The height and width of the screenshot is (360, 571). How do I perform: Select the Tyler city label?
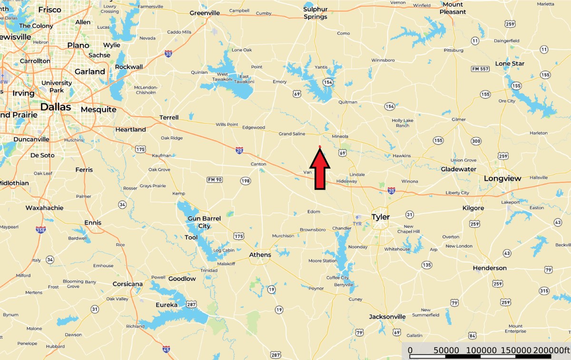tap(380, 217)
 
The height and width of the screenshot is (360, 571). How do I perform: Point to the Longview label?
tap(502, 179)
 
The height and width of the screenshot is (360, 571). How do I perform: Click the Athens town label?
tap(260, 255)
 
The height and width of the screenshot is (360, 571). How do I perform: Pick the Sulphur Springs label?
tap(315, 12)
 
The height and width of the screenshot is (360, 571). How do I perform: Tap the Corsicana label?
tap(128, 284)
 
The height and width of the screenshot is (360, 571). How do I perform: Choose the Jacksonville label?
tap(387, 317)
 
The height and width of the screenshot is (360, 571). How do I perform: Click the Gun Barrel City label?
tap(204, 222)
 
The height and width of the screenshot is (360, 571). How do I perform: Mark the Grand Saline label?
tap(292, 134)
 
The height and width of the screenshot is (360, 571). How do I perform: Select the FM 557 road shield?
tap(481, 69)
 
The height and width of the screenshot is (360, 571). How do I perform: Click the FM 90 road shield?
tap(215, 179)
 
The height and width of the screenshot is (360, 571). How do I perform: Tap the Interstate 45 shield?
tap(166, 350)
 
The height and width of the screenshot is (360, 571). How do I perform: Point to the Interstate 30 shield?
tap(168, 54)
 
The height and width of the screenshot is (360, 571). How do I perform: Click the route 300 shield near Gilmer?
tap(476, 141)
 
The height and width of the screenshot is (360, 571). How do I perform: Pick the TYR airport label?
tap(357, 223)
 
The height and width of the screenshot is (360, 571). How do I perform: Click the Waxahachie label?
tap(44, 208)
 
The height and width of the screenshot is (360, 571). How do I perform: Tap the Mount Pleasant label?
tap(453, 8)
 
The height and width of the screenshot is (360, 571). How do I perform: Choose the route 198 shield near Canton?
tap(246, 181)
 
